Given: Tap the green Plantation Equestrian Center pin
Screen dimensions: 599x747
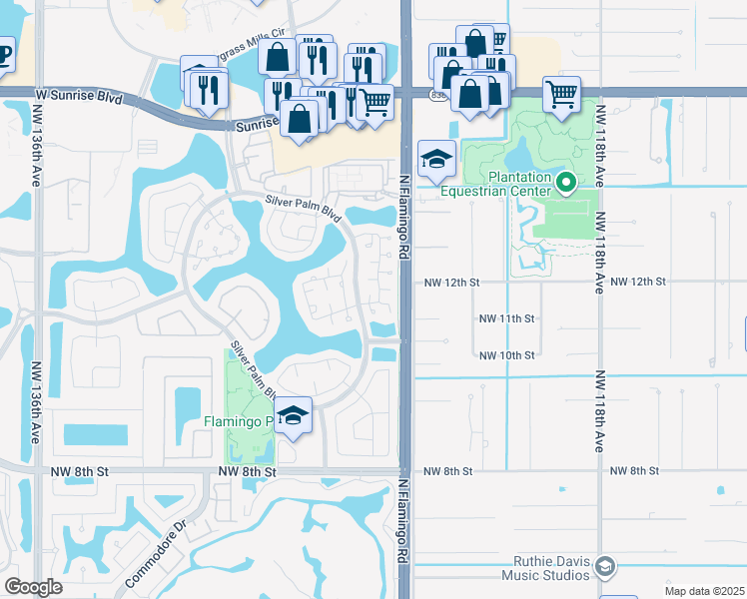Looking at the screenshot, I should coord(566,182).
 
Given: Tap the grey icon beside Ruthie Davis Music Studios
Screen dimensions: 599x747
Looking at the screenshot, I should coord(603,567).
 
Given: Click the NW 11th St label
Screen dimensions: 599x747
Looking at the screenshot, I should coord(507,318).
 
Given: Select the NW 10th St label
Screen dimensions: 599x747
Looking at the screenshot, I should coord(507,355).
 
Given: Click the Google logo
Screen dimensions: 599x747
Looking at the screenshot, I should coord(33,587).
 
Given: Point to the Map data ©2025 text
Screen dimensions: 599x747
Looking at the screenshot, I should coord(704,591).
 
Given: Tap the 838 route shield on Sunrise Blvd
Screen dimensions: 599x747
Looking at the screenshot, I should coord(439,95).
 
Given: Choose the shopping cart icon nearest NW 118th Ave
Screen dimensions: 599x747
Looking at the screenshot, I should coord(562,95).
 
